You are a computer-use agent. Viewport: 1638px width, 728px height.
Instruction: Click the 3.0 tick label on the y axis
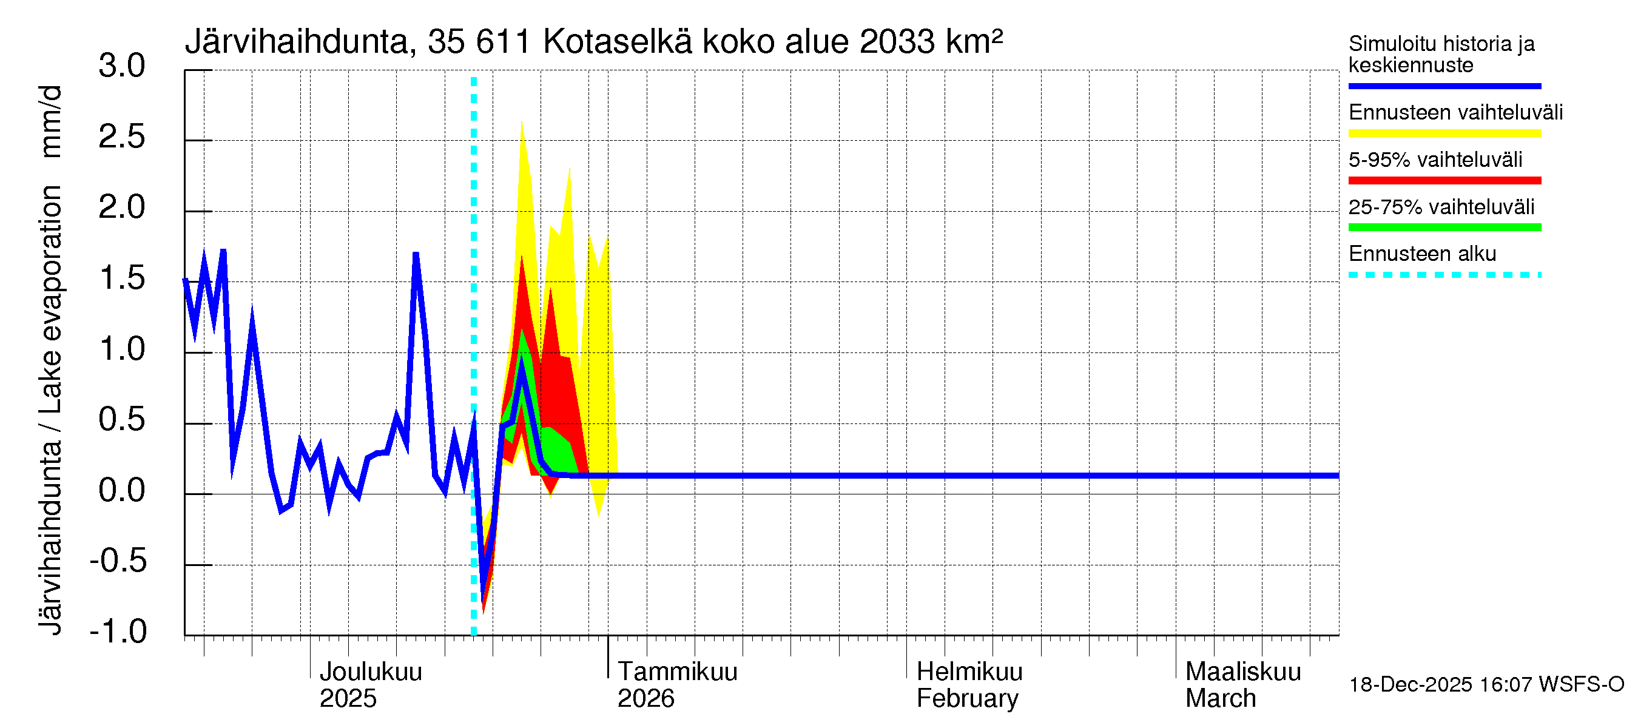coord(121,67)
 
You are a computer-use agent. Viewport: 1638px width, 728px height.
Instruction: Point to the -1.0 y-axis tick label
coord(118,632)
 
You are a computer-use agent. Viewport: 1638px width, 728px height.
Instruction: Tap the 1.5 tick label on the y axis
coord(121,278)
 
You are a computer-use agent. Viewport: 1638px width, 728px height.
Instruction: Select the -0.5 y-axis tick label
coord(118,561)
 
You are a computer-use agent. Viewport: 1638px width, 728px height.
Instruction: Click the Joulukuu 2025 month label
coord(370,685)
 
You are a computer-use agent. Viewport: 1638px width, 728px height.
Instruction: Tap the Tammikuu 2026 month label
coord(676,685)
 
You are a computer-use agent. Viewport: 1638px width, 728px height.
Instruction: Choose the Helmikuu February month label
coord(968,685)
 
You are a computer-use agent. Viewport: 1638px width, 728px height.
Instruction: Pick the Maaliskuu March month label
coord(1242,685)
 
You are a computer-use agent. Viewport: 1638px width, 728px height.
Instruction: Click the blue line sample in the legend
coord(1444,86)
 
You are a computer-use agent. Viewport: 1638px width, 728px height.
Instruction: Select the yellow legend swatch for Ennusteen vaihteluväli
coord(1444,133)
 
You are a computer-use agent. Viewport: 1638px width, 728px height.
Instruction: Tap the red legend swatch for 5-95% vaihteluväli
coord(1444,181)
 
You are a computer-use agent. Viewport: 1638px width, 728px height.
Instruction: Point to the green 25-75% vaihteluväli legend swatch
coord(1444,227)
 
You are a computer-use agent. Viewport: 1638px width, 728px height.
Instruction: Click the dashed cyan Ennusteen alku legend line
coord(1444,275)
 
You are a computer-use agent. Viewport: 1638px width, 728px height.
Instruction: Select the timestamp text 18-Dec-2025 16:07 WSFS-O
coord(1486,684)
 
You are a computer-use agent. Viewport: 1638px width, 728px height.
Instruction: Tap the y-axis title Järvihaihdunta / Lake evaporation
coord(51,359)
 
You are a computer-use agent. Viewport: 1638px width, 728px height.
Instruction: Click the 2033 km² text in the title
coord(930,42)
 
